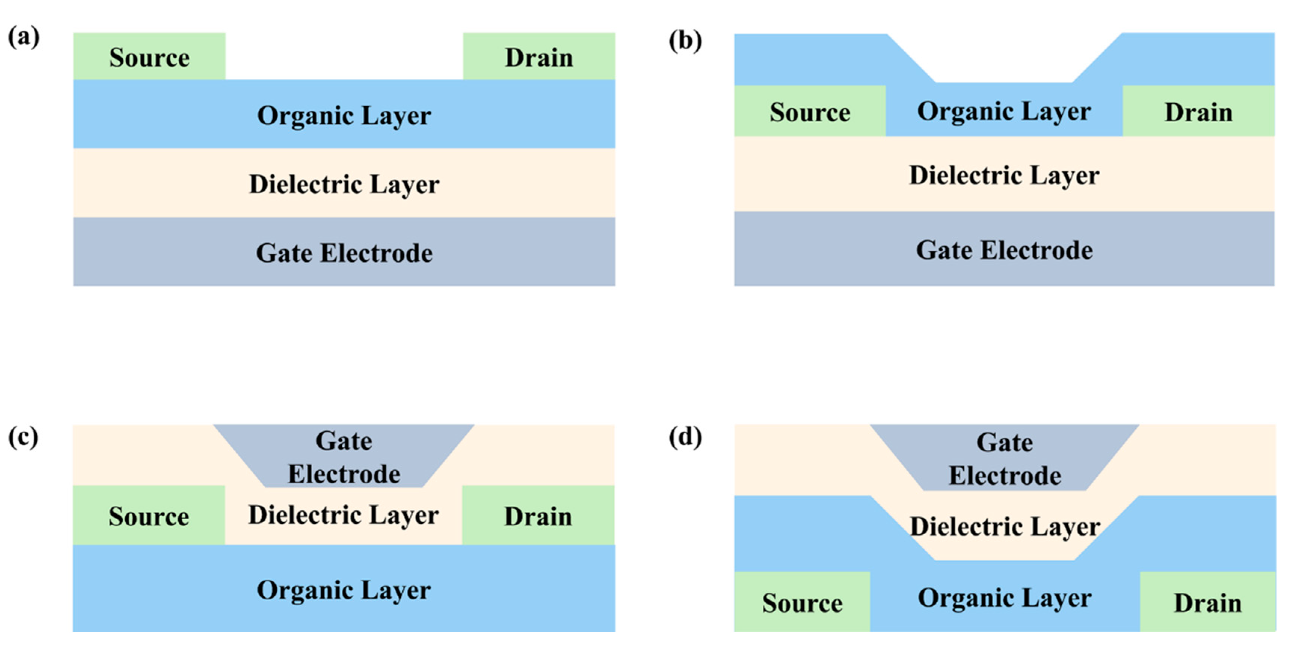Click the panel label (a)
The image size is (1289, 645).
(24, 37)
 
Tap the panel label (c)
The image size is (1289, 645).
(23, 437)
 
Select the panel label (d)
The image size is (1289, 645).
(685, 437)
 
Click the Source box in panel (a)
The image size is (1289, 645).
(149, 56)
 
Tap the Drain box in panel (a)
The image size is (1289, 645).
(539, 56)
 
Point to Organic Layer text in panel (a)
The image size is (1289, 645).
(344, 116)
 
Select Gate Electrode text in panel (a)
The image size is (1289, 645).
(344, 253)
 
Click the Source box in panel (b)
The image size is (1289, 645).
(810, 111)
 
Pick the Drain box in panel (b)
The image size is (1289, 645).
(1199, 111)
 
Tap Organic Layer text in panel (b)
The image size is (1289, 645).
(1004, 111)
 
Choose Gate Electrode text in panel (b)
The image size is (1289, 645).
(1004, 250)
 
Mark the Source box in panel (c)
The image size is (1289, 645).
(149, 516)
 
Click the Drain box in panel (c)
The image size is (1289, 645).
(538, 516)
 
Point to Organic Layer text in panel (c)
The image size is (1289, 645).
(344, 590)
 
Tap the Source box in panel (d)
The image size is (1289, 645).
(802, 602)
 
